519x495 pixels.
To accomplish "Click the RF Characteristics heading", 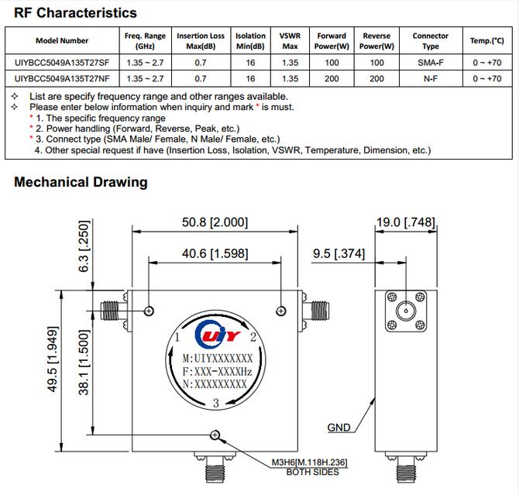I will coord(75,12).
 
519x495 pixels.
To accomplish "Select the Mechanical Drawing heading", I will coord(81,182).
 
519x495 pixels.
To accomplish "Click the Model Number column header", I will coord(62,40).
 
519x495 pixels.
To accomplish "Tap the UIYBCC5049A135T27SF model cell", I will coord(62,62).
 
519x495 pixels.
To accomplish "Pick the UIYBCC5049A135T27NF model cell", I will coord(62,78).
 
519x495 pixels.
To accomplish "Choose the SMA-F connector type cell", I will coord(430,62).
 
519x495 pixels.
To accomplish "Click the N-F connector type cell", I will coord(430,78).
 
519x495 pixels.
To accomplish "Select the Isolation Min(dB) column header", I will coord(250,40).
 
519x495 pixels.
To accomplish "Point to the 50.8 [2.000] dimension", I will coord(215,222).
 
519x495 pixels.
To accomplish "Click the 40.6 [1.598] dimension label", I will coord(215,253).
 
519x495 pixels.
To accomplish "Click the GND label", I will coord(339,428).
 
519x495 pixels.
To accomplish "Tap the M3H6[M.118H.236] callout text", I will coord(308,463).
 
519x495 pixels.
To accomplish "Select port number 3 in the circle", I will coord(216,400).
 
